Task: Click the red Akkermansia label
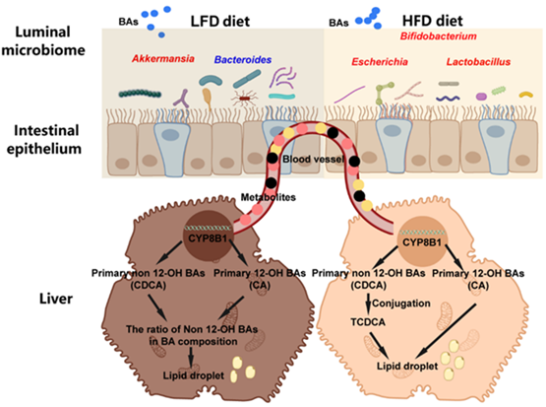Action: (163, 58)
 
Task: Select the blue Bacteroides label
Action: (243, 60)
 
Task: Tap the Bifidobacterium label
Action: (439, 35)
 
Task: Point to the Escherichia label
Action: (380, 62)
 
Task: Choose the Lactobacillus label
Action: (478, 62)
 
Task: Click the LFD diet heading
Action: (220, 22)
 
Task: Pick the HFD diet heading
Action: (433, 21)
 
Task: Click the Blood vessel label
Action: (313, 160)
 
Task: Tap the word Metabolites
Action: (269, 197)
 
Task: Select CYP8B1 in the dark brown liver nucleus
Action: (208, 238)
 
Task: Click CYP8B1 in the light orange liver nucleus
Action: (422, 242)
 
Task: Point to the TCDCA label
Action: (368, 322)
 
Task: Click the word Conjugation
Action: (401, 304)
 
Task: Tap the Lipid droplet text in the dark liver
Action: (194, 375)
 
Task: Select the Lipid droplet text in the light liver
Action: (407, 367)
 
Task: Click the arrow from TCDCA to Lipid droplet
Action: (379, 345)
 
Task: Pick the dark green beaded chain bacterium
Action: (140, 94)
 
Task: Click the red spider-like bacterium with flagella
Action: (244, 99)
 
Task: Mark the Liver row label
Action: (56, 299)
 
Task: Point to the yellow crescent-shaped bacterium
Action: (525, 95)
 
